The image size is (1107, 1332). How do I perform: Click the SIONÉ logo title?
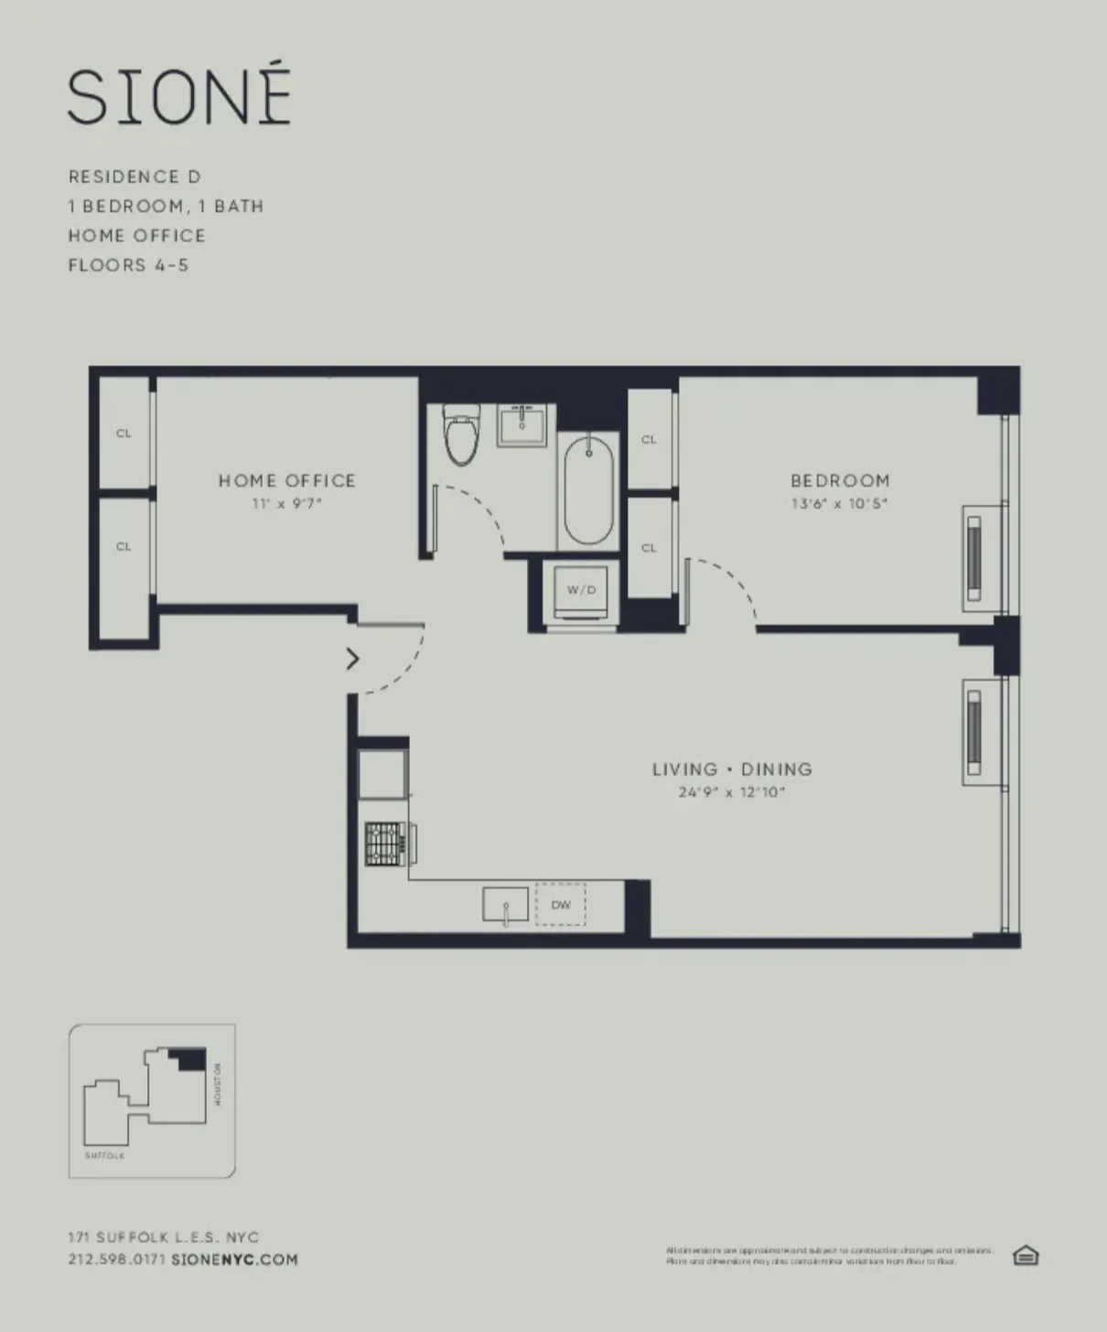[x=179, y=97]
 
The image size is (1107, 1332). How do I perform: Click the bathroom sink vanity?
[x=523, y=425]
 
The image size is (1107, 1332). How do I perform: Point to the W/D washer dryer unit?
[x=581, y=591]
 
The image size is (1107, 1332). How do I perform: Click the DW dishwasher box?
[x=561, y=905]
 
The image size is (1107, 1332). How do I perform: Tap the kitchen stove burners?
[x=385, y=843]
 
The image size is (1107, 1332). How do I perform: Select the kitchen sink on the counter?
[x=505, y=905]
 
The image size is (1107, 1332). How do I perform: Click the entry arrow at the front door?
[x=352, y=659]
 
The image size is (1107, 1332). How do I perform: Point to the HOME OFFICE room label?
[x=286, y=480]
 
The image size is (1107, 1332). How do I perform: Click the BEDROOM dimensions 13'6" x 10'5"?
[x=839, y=504]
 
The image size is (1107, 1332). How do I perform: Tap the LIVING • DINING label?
[x=732, y=769]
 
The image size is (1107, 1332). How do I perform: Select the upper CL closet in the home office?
[x=124, y=434]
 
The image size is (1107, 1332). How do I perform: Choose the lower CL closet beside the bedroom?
[x=649, y=548]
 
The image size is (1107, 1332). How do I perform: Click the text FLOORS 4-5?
[x=128, y=265]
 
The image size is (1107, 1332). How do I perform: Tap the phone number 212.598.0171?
[x=116, y=1259]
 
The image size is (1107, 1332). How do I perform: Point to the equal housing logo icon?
[x=1026, y=1255]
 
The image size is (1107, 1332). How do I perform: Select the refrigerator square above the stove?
[x=383, y=774]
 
